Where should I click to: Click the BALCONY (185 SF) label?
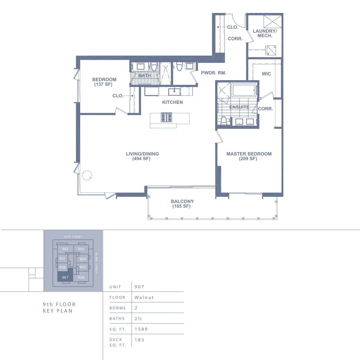[x=182, y=204]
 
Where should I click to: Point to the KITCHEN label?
[x=173, y=102]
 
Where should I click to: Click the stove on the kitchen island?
[x=166, y=117]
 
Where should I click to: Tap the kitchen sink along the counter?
[x=174, y=92]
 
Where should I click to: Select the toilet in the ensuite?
[x=223, y=121]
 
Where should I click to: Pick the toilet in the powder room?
[x=179, y=67]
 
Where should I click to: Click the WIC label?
[x=266, y=74]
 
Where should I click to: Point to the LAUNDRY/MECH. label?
[x=265, y=33]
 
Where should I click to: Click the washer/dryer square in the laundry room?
[x=271, y=50]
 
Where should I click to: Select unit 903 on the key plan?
[x=81, y=249]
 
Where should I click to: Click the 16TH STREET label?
[x=73, y=237]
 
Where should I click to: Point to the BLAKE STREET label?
[x=96, y=263]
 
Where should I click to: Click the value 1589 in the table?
[x=141, y=329]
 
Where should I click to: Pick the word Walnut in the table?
[x=144, y=297]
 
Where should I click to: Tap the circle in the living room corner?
[x=87, y=175]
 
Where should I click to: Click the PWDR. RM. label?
[x=213, y=73]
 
